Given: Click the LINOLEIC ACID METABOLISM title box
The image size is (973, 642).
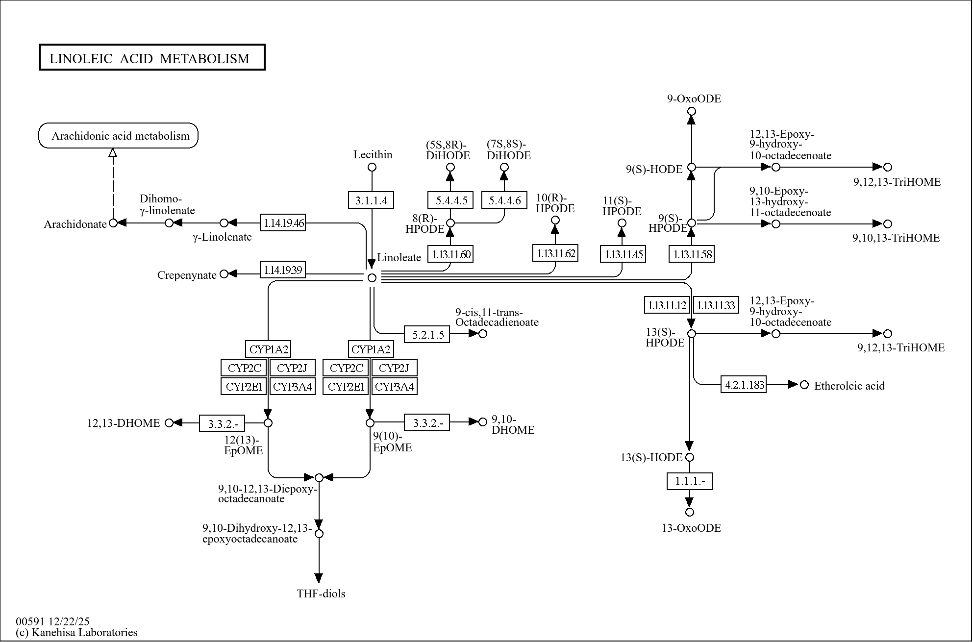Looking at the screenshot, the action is coord(152,58).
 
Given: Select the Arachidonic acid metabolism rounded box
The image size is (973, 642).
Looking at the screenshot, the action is coord(119,136).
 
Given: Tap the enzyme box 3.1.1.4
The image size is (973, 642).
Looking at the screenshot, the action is coord(371,200).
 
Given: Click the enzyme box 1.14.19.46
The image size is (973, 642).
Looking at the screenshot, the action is coord(283,223).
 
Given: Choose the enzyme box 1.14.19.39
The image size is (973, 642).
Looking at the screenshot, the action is coord(283,270).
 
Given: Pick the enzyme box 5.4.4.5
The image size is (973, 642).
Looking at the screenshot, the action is coord(450,200).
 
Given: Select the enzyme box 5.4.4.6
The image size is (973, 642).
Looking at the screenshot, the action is coord(504,200).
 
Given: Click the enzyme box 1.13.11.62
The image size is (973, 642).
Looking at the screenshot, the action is coord(555,253).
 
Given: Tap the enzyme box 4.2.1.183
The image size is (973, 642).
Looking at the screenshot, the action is coord(744,384).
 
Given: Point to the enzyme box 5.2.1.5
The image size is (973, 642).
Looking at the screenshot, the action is coord(427,334).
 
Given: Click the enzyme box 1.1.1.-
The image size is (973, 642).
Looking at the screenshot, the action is coord(690,481).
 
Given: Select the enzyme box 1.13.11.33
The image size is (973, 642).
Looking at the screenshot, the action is coord(716,305).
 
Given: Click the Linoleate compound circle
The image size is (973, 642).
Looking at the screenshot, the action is coord(372,278).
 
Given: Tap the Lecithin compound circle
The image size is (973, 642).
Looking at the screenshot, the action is coord(372,167).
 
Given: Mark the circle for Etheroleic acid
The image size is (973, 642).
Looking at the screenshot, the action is coord(804,385).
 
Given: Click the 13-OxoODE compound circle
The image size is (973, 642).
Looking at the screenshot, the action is coord(690,512).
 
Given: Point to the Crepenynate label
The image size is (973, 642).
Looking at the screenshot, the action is coord(187,275).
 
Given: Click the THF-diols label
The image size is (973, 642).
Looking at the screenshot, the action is coord(321,593).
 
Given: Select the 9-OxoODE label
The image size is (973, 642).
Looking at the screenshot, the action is coord(694,99).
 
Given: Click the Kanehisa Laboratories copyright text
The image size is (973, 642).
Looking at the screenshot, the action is coord(76,632).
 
